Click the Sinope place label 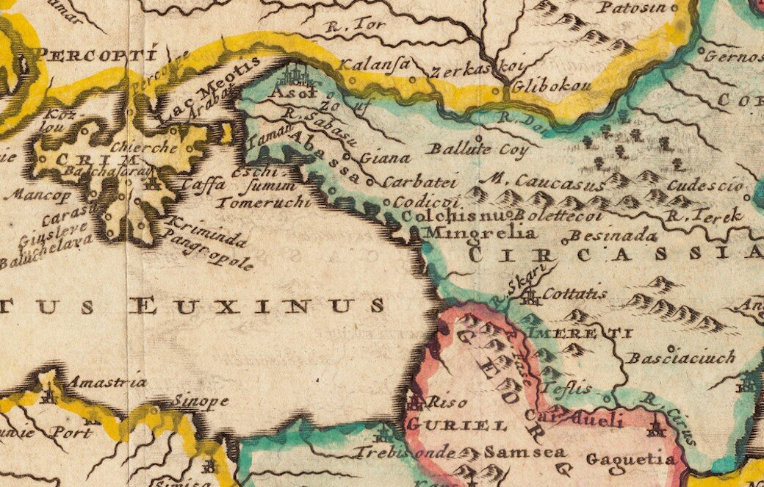pos(201,402)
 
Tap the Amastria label pos(107,382)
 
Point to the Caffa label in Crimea pos(201,184)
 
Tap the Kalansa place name pos(373,65)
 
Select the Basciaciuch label pos(680,358)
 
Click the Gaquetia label pos(630,460)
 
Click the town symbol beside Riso pos(414,402)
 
